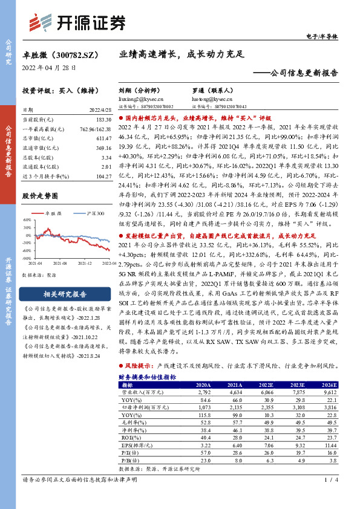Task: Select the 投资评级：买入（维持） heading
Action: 56,90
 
